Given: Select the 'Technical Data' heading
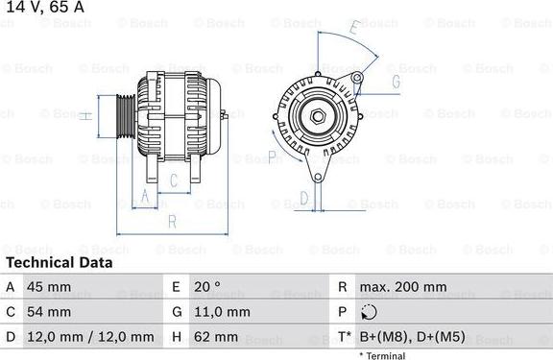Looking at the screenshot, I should pyautogui.click(x=59, y=262).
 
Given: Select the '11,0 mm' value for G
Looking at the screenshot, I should pyautogui.click(x=224, y=312).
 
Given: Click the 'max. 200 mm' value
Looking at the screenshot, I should pyautogui.click(x=402, y=287).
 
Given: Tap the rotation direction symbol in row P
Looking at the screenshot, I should pyautogui.click(x=370, y=312).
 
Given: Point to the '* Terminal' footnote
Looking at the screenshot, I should pyautogui.click(x=382, y=355).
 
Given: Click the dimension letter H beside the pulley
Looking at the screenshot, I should pyautogui.click(x=85, y=116).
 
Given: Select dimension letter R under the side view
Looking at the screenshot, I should pyautogui.click(x=172, y=221).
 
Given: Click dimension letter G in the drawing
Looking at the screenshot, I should pyautogui.click(x=395, y=82).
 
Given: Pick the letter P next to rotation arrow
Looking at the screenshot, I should pyautogui.click(x=273, y=156).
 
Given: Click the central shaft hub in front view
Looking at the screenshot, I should pyautogui.click(x=317, y=118).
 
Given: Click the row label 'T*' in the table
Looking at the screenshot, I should pyautogui.click(x=344, y=337).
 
